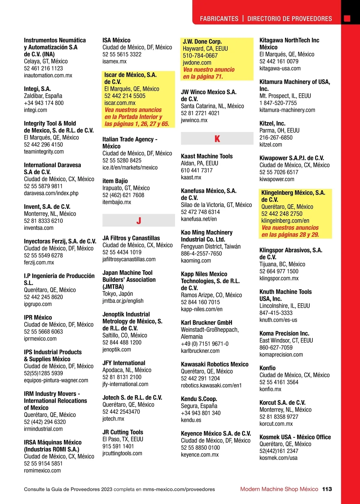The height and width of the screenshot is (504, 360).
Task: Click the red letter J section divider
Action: tap(139, 221)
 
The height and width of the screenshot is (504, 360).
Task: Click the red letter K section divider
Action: tap(217, 139)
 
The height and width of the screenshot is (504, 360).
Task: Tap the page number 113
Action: tap(327, 489)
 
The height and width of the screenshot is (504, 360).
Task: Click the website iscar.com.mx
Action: tap(120, 103)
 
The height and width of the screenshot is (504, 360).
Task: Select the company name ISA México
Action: tap(116, 40)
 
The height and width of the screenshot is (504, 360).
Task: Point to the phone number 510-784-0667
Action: tap(200, 55)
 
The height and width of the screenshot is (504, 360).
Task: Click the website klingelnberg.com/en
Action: tap(285, 220)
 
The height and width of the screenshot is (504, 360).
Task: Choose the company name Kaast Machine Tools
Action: tap(207, 156)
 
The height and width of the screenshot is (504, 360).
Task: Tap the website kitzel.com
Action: tap(271, 145)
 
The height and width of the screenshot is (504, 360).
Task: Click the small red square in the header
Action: tap(347, 19)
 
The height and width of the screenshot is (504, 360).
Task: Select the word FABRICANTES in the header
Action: tap(219, 19)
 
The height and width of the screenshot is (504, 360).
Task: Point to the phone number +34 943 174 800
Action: tap(44, 103)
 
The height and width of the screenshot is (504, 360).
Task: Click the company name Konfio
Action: tap(267, 368)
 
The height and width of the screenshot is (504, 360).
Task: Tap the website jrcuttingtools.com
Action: tap(122, 453)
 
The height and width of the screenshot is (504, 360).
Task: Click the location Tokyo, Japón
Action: tap(118, 294)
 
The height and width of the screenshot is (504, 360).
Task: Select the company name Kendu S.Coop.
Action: tap(199, 399)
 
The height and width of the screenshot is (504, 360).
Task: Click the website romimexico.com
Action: tap(42, 470)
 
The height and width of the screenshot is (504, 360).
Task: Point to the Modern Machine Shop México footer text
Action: tap(279, 489)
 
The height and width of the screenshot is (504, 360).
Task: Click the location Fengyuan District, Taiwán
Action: tap(211, 247)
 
